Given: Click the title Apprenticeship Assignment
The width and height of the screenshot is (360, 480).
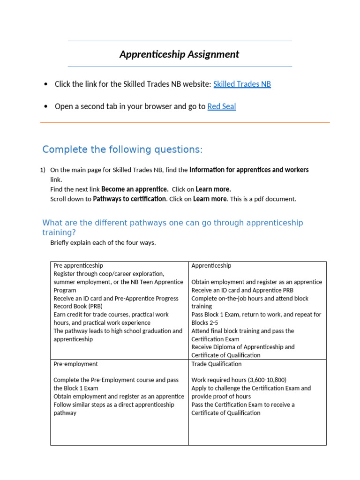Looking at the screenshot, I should [x=179, y=54].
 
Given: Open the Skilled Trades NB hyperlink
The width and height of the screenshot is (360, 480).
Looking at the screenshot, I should [x=242, y=84].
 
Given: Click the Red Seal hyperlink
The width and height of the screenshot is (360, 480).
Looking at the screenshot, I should [x=222, y=106].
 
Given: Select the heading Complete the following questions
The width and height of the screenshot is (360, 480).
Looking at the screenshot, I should [x=122, y=150].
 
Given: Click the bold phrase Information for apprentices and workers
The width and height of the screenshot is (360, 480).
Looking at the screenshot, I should [x=249, y=170].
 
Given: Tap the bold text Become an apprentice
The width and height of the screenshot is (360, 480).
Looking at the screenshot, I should [x=135, y=189].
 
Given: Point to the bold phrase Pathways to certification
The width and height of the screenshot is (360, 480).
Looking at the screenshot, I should [x=129, y=199].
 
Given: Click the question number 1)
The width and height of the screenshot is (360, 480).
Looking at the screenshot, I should [x=43, y=170].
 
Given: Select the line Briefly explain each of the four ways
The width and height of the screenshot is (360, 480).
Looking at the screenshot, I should [x=103, y=243].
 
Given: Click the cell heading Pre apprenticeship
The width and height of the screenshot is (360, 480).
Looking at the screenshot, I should [x=78, y=265].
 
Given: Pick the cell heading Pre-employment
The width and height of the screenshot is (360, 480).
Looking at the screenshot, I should [x=75, y=364].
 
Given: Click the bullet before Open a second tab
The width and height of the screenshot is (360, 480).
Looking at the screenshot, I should [x=45, y=107].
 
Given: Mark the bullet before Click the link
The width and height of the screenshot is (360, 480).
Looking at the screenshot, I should [x=45, y=85].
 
